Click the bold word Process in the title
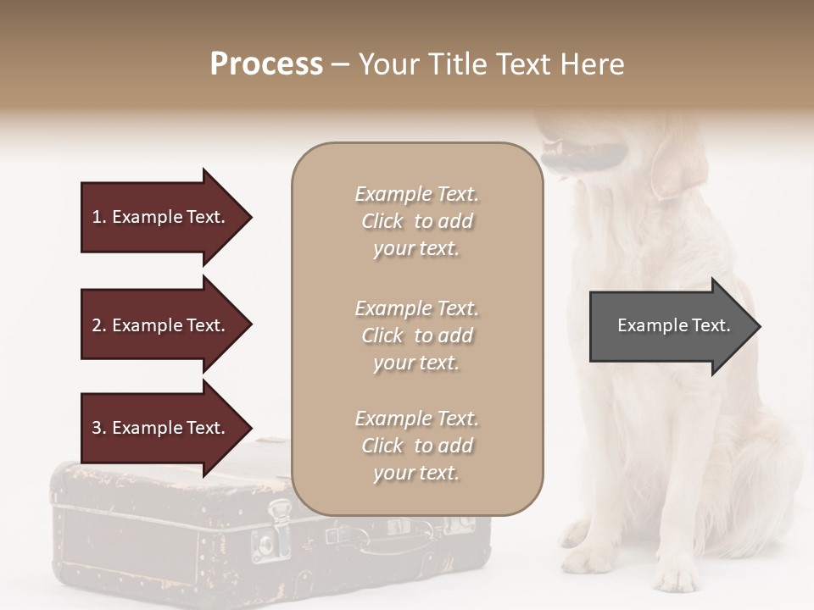click(x=266, y=64)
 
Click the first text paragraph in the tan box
click(x=416, y=221)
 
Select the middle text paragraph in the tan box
click(x=416, y=335)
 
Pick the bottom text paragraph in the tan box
click(x=416, y=446)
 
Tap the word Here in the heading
click(x=594, y=64)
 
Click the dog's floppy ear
click(x=678, y=165)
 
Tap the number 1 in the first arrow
click(x=97, y=217)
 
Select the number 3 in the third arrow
click(x=97, y=428)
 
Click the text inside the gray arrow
click(x=673, y=325)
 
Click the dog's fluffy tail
click(x=767, y=483)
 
